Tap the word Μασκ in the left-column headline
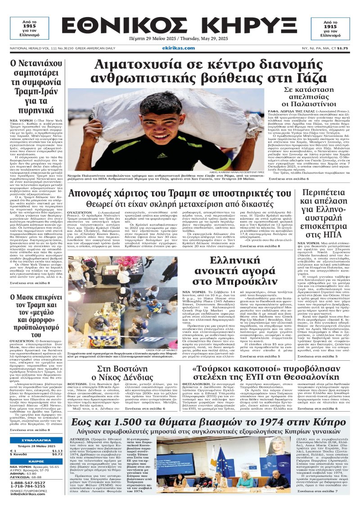pyautogui.click(x=28, y=285)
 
